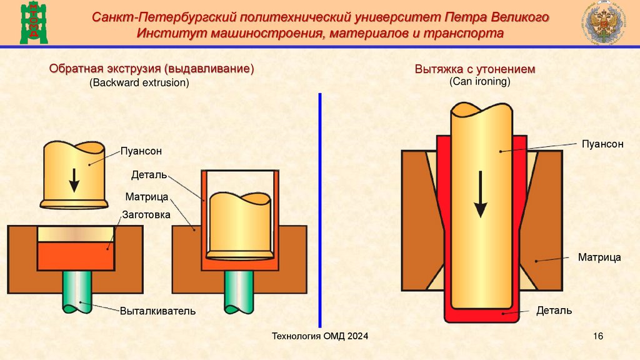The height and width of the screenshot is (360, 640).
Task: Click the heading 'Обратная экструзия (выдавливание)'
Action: [x=152, y=69]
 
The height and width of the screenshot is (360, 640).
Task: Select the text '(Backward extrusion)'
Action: [x=139, y=82]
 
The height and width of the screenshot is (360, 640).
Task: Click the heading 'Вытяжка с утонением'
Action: [x=475, y=69]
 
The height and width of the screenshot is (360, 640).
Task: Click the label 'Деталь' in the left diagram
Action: [x=149, y=174]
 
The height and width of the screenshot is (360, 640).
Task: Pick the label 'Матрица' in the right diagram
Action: [x=599, y=257]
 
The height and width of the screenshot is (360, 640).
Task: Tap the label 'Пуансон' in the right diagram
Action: [x=602, y=144]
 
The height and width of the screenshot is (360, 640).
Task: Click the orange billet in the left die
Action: [x=75, y=256]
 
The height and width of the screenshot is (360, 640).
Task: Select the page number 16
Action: [x=597, y=337]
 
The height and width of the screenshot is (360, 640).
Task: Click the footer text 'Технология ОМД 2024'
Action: [x=320, y=337]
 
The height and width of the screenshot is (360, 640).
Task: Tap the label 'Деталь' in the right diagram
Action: [x=554, y=310]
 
